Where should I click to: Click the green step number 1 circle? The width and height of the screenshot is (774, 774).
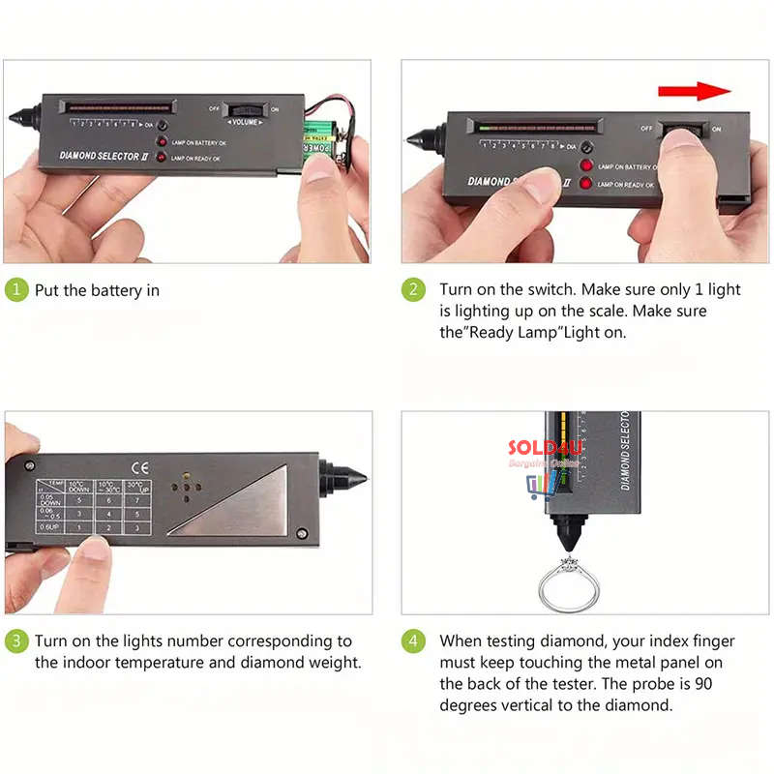pyautogui.click(x=16, y=290)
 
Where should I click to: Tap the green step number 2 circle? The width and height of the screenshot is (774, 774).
pyautogui.click(x=414, y=290)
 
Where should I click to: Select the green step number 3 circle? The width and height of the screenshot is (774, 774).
pyautogui.click(x=16, y=641)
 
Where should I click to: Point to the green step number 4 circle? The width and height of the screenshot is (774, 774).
pyautogui.click(x=414, y=641)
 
